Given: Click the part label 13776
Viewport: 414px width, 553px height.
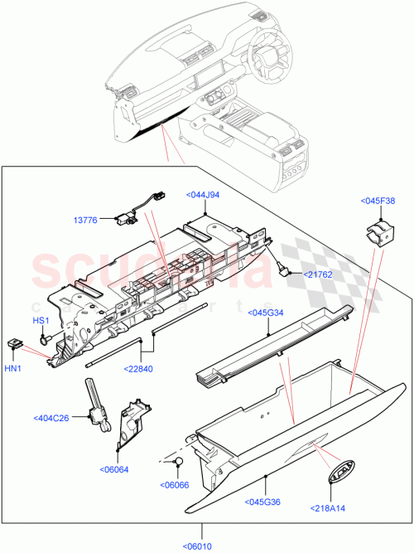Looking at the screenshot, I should tap(85, 220).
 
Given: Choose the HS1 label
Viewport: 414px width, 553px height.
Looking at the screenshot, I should tap(41, 321).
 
